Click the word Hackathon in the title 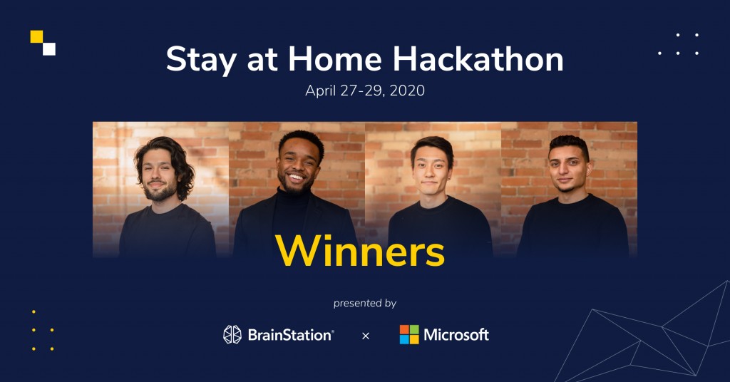tap(478, 59)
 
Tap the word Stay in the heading tap(201, 61)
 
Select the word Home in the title tap(335, 59)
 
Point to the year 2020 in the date tap(407, 91)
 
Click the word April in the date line tap(320, 91)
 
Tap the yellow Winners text tap(360, 251)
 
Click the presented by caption tap(365, 304)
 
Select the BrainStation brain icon tap(232, 334)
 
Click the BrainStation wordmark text tap(291, 335)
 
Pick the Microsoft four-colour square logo tap(409, 334)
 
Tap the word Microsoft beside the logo tap(456, 334)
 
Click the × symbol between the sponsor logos tap(366, 336)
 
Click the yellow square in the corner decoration tap(37, 37)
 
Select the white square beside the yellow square tap(49, 49)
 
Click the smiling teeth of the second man tap(297, 177)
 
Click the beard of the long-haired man tap(159, 191)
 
